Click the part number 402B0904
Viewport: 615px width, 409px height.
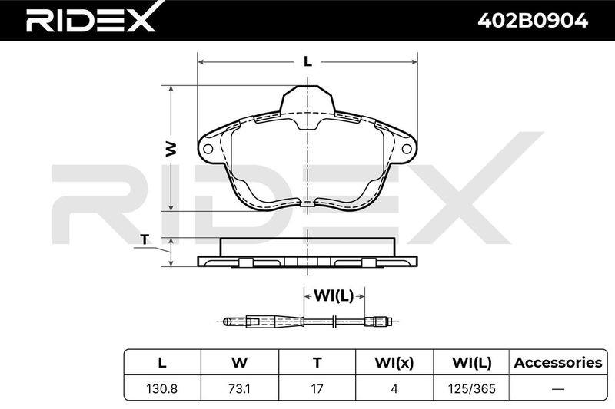533,21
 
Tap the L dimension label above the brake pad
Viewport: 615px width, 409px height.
308,61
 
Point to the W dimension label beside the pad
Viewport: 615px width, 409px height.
171,149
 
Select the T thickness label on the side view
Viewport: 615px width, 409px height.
145,239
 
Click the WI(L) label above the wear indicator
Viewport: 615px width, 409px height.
334,296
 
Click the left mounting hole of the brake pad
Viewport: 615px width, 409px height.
208,149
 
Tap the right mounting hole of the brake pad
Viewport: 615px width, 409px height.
407,149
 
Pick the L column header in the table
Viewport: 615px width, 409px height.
162,363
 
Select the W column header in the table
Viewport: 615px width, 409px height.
239,363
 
